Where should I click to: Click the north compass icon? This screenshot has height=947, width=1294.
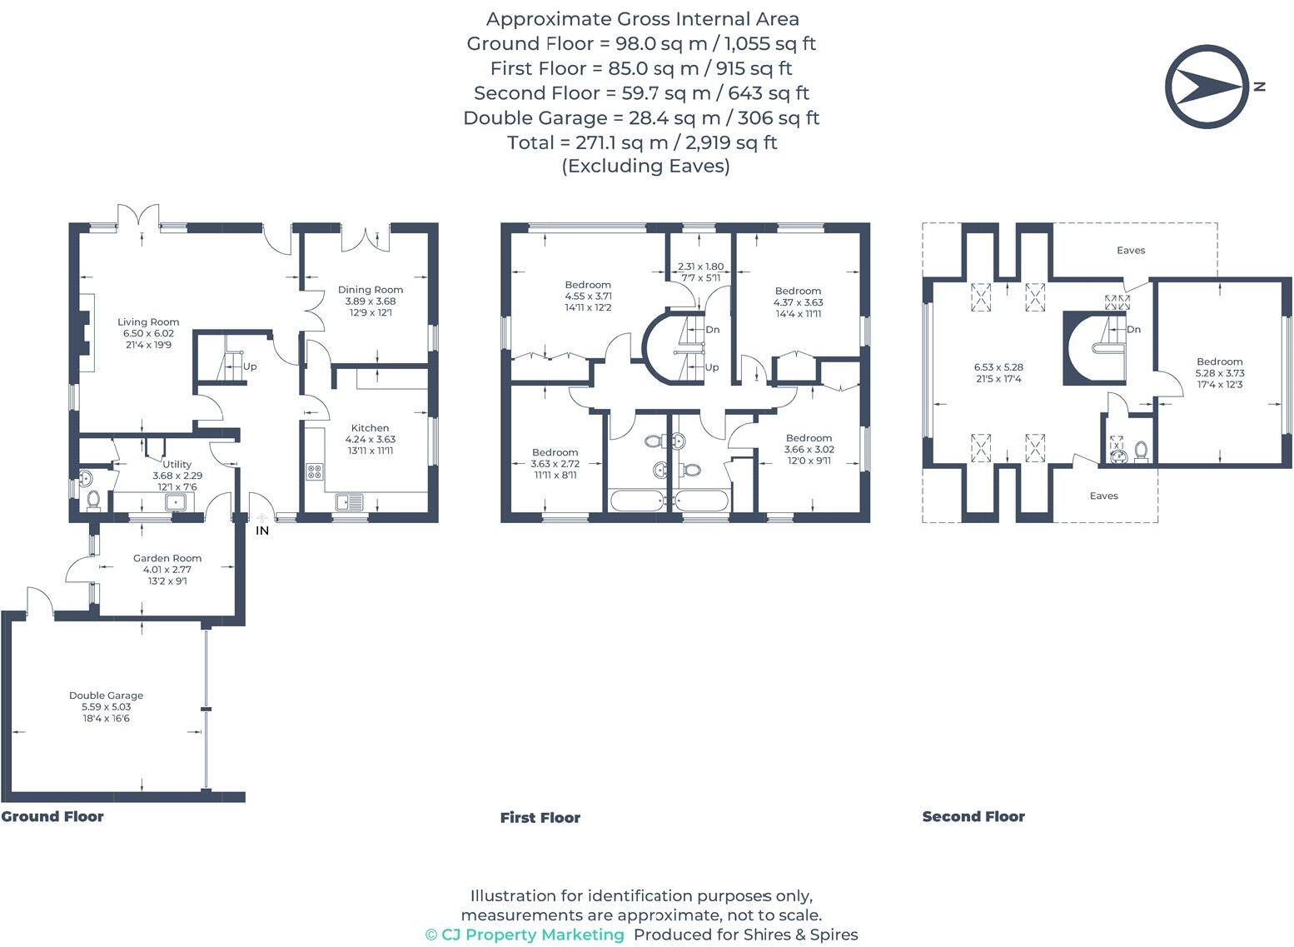coord(1206,87)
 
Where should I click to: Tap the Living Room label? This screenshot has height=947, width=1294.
coord(148,322)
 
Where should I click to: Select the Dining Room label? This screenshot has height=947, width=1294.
coord(371,290)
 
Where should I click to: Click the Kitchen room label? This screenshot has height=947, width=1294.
coord(370,428)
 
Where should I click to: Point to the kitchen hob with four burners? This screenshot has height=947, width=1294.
coord(315,472)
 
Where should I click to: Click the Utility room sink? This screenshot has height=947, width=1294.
coord(176,501)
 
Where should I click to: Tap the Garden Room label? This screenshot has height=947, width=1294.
coord(167,559)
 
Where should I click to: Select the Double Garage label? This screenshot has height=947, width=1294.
coord(106,695)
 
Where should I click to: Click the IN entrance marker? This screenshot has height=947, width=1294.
coord(262,531)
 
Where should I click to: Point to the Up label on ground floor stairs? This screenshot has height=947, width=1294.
coord(250,366)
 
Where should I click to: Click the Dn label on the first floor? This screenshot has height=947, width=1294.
coord(713,330)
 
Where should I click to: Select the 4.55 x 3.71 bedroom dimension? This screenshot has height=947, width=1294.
coord(588,297)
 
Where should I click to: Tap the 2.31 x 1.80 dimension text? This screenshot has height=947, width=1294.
coord(700,267)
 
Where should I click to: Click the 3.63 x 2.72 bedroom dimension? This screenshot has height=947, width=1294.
coord(555,464)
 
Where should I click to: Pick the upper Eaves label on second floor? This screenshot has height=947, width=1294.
coord(1131,251)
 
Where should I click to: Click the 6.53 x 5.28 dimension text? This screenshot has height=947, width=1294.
coord(998,367)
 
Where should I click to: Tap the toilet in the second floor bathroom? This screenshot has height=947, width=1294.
coord(1141,451)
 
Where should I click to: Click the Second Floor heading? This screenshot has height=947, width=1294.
coord(973,817)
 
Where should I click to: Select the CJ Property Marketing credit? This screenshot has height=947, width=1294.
coord(525,935)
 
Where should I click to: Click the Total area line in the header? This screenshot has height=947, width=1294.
coord(642,142)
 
